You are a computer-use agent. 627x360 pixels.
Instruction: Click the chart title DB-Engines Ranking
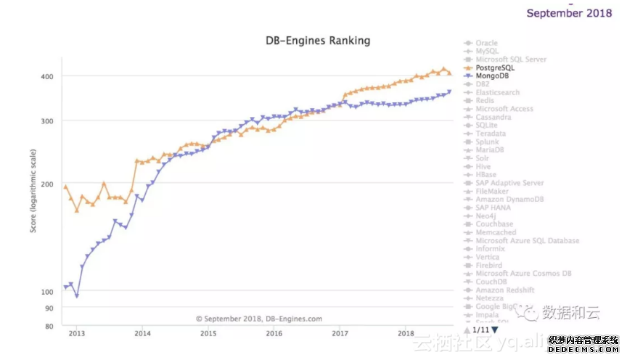click(318, 41)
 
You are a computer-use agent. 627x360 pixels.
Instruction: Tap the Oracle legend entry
click(486, 43)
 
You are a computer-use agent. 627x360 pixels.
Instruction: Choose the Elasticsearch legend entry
click(497, 92)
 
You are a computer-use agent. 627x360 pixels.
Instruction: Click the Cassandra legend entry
click(493, 117)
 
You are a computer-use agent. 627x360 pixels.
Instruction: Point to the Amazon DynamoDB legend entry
click(509, 199)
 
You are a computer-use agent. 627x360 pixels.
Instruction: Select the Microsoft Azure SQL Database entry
click(527, 240)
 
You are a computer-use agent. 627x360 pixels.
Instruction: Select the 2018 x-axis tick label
click(406, 333)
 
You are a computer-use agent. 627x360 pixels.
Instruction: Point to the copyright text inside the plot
click(258, 318)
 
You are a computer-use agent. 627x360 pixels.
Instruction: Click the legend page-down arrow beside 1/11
click(495, 330)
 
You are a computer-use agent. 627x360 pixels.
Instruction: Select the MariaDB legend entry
click(490, 150)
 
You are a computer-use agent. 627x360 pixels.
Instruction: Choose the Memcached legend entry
click(496, 232)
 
